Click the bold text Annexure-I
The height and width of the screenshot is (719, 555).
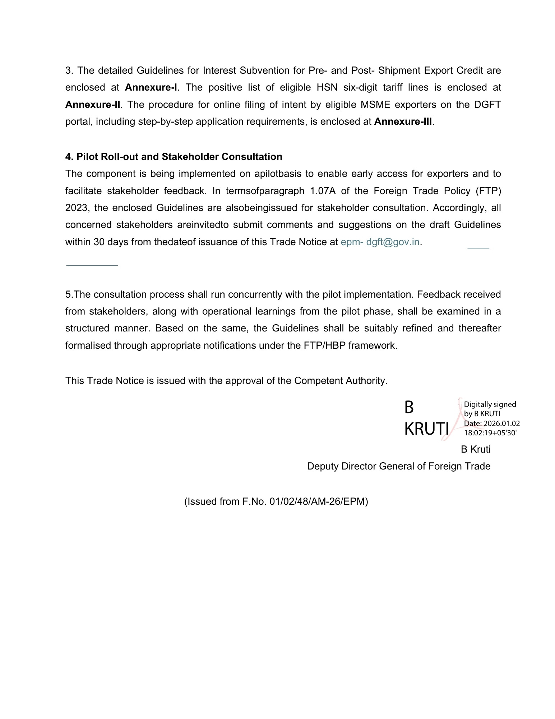coord(151,87)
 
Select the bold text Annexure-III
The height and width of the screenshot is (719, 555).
coord(403,122)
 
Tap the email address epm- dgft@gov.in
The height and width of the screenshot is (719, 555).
coord(380,242)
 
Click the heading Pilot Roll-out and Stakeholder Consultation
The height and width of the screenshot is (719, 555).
coord(174,157)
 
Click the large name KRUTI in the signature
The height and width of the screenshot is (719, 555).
coord(426,429)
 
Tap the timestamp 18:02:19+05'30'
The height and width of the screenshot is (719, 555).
coord(490,433)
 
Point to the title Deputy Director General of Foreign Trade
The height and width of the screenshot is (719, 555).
coord(399,466)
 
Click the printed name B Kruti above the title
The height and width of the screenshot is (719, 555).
coord(476,449)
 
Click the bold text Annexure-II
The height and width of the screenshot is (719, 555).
coord(93,105)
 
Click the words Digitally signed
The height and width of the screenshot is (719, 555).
coord(490,404)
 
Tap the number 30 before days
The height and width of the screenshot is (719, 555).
coord(99,242)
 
